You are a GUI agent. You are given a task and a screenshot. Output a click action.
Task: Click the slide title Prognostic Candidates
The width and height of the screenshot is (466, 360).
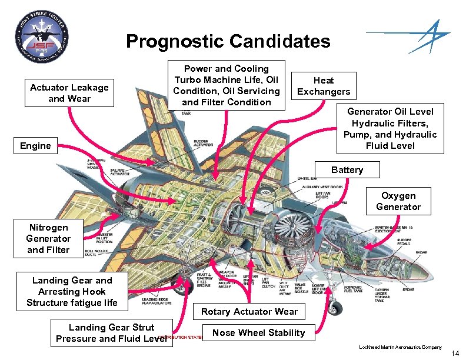[x=228, y=42]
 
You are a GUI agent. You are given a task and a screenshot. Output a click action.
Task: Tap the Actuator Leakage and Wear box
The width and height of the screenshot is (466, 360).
[x=69, y=93]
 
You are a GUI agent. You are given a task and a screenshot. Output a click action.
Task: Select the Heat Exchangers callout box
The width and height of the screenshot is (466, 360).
[x=324, y=86]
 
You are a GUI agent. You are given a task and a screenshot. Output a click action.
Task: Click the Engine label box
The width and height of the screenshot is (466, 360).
[x=35, y=145]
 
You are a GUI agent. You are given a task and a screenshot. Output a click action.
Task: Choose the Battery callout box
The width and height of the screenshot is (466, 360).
[x=347, y=170]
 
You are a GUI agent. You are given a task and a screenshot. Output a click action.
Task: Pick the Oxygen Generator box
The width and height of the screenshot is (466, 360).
[x=398, y=201]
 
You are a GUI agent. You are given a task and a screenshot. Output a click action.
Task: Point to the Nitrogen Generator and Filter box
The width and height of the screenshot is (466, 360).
[x=48, y=238]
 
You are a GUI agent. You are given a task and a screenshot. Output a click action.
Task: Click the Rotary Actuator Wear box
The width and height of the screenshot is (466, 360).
[x=249, y=312]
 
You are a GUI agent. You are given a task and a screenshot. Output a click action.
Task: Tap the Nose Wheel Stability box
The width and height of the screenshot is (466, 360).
[x=259, y=333]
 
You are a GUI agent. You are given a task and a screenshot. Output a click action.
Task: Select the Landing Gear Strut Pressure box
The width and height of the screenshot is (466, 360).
[x=112, y=333]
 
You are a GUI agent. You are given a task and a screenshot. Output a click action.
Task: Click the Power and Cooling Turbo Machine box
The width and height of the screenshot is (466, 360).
[x=227, y=85]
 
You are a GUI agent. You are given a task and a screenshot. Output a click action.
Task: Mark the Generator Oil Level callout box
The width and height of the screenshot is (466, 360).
[x=390, y=129]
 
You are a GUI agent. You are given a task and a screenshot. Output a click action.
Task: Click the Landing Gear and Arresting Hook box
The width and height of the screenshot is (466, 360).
[x=72, y=292]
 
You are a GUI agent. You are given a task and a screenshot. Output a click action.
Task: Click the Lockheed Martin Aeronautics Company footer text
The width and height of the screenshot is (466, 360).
[x=400, y=348]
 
